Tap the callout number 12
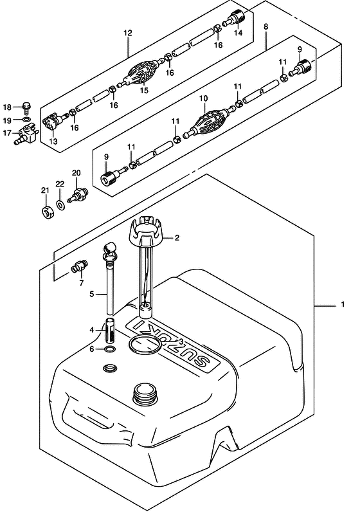pyautogui.click(x=128, y=33)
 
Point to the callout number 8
pyautogui.click(x=266, y=26)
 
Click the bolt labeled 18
pyautogui.click(x=27, y=107)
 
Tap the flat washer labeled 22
pyautogui.click(x=60, y=205)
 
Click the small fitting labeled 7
pyautogui.click(x=79, y=266)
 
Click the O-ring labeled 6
pyautogui.click(x=109, y=349)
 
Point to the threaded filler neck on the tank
pyautogui.click(x=145, y=394)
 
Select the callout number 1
pyautogui.click(x=343, y=304)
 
